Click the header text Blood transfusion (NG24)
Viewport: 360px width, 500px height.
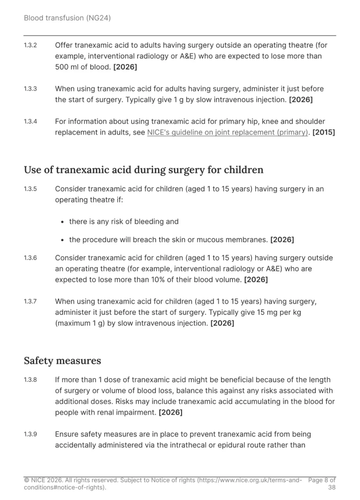(x=67, y=18)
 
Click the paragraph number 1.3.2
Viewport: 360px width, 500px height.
(x=30, y=45)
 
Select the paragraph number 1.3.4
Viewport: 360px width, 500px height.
(x=30, y=121)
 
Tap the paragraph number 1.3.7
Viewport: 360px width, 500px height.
(x=30, y=301)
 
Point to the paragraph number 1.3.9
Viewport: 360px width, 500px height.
(x=30, y=434)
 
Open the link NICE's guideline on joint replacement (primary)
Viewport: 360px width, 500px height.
(x=227, y=132)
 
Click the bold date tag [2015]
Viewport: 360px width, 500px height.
(x=324, y=132)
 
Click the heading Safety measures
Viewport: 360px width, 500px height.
(x=62, y=361)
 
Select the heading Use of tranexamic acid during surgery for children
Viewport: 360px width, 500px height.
(x=143, y=170)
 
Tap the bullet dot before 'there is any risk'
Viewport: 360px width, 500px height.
(x=62, y=222)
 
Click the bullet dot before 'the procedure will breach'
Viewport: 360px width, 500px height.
(x=62, y=240)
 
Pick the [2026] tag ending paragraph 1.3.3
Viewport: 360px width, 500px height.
(x=301, y=100)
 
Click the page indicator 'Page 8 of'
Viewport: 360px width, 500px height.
(x=322, y=480)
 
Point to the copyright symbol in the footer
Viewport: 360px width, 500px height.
(x=26, y=480)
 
